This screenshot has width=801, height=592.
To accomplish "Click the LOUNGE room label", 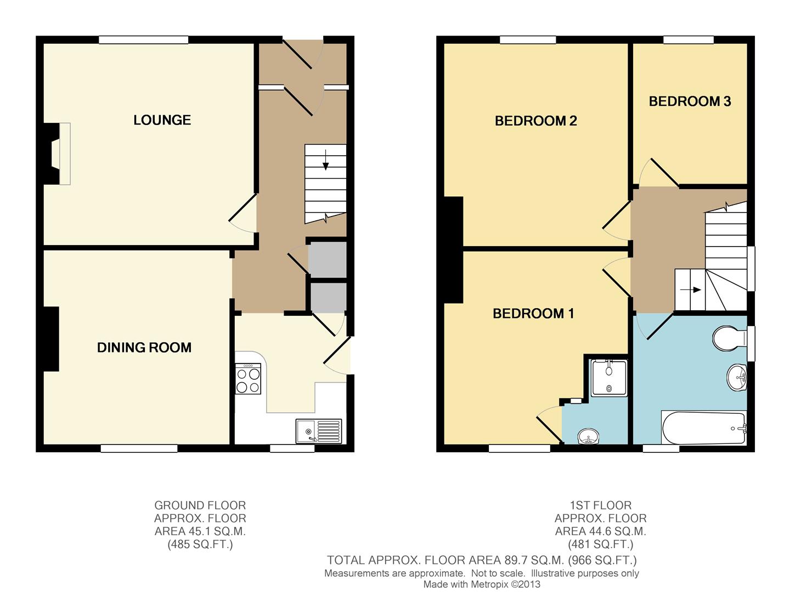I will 162,120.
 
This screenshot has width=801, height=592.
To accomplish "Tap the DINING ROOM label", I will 144,348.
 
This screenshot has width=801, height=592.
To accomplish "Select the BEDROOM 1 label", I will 533,314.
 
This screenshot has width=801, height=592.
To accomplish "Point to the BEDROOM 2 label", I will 535,121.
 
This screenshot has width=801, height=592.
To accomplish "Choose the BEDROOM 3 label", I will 690,101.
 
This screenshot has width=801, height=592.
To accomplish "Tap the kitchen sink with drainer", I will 318,431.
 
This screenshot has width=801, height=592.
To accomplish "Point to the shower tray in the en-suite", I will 609,378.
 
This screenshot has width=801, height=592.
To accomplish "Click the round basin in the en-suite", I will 589,437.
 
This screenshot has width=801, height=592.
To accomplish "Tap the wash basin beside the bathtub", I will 737,378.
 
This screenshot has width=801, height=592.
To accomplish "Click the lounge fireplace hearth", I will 64,153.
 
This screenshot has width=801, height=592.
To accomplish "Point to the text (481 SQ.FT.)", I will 600,544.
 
